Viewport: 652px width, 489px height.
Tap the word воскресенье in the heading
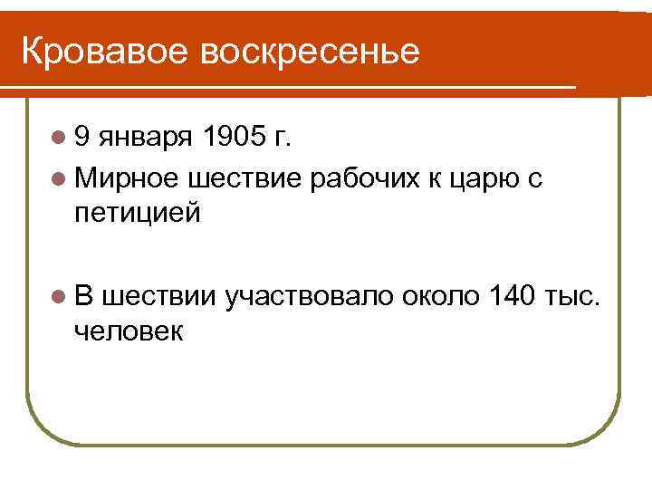312,52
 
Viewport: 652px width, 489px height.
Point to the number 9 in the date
83,138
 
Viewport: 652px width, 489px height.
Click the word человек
129,331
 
